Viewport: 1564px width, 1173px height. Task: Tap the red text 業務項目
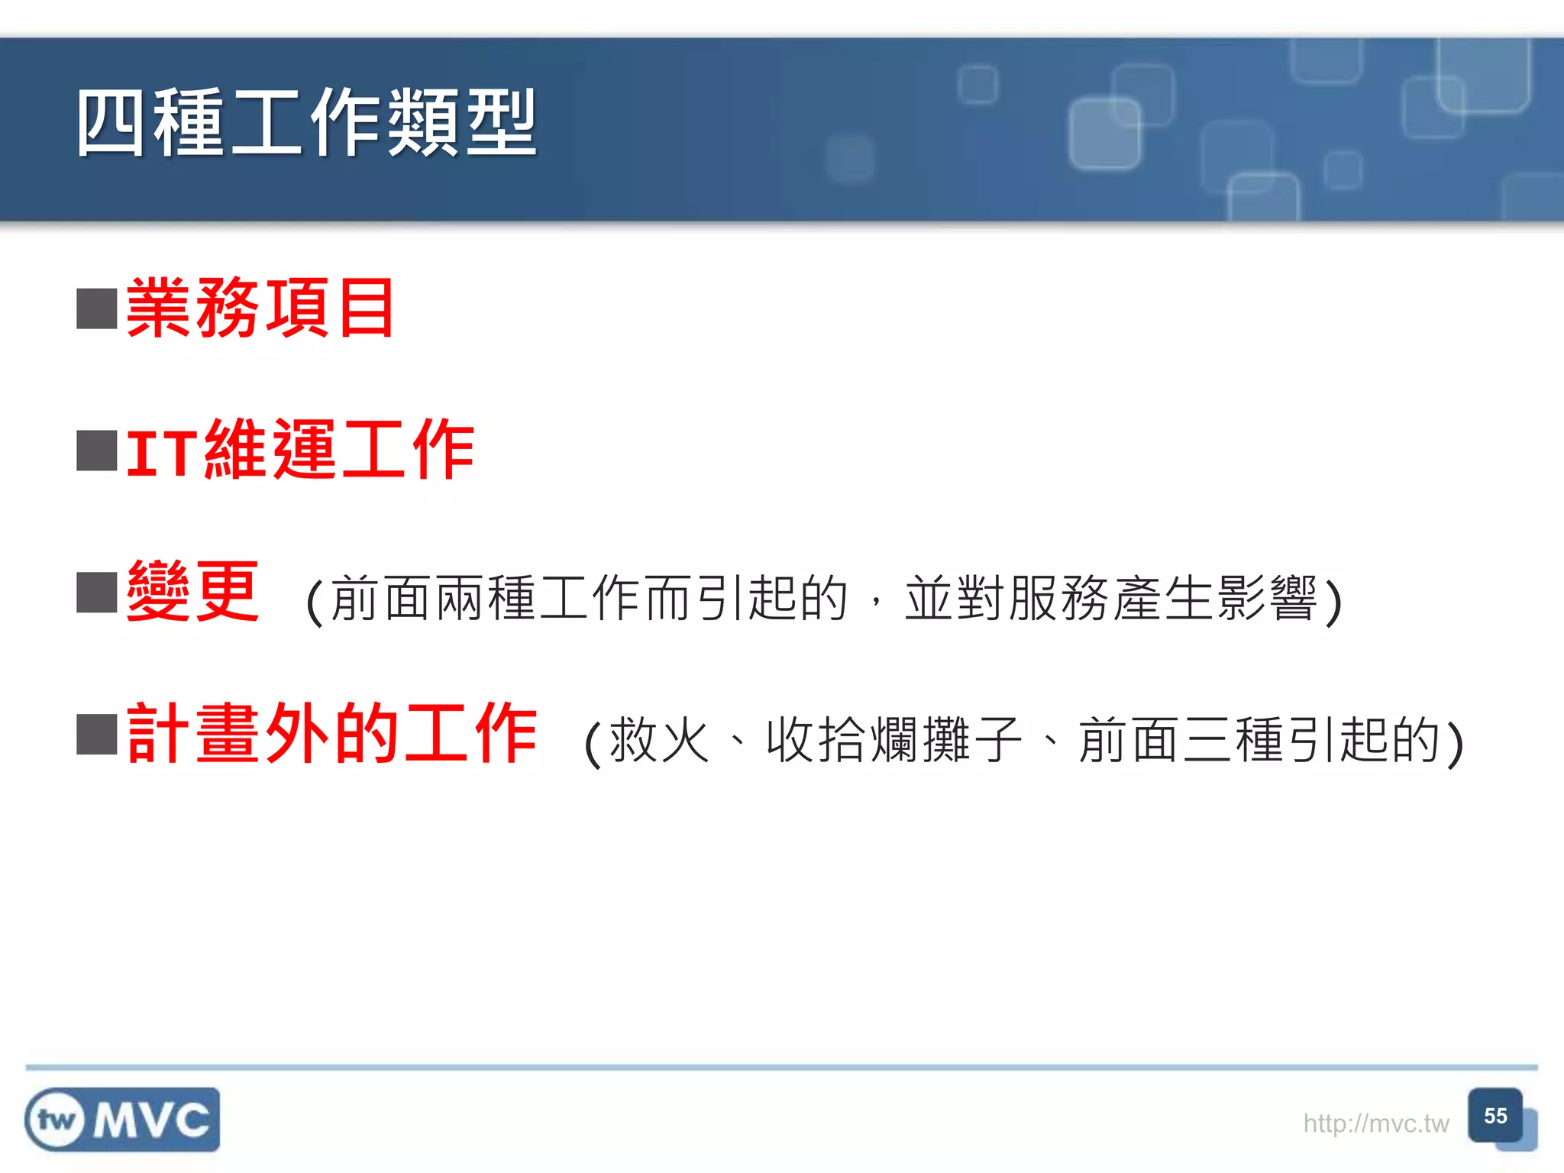tap(260, 308)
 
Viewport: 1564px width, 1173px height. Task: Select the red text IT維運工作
tap(300, 450)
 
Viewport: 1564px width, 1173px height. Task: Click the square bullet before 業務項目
tap(97, 309)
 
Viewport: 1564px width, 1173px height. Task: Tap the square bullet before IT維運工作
tap(97, 451)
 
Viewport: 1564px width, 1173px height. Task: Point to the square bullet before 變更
tap(97, 593)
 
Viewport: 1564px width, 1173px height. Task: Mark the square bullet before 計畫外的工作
tap(97, 734)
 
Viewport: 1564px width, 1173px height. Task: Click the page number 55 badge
tap(1495, 1116)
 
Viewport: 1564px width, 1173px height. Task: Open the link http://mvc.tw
tap(1375, 1123)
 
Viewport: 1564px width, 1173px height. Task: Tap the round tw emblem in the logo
tap(56, 1120)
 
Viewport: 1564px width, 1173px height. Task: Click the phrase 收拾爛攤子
tap(893, 739)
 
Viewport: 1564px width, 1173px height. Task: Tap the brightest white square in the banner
tap(1104, 134)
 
